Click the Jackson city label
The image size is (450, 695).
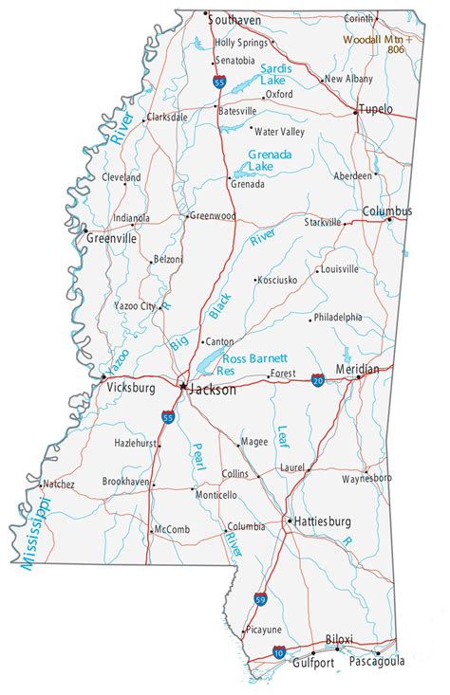[213, 389]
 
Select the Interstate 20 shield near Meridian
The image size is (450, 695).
[316, 379]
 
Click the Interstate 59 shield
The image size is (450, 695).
[259, 599]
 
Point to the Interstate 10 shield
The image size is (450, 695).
[278, 652]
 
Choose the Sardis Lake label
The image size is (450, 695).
[275, 75]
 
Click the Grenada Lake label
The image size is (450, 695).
[270, 160]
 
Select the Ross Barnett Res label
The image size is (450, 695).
[253, 365]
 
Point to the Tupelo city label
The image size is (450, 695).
[376, 110]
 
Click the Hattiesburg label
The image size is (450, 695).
[323, 521]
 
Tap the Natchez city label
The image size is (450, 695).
[59, 484]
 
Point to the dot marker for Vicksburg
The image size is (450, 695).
[103, 377]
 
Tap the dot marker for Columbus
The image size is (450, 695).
[388, 220]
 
